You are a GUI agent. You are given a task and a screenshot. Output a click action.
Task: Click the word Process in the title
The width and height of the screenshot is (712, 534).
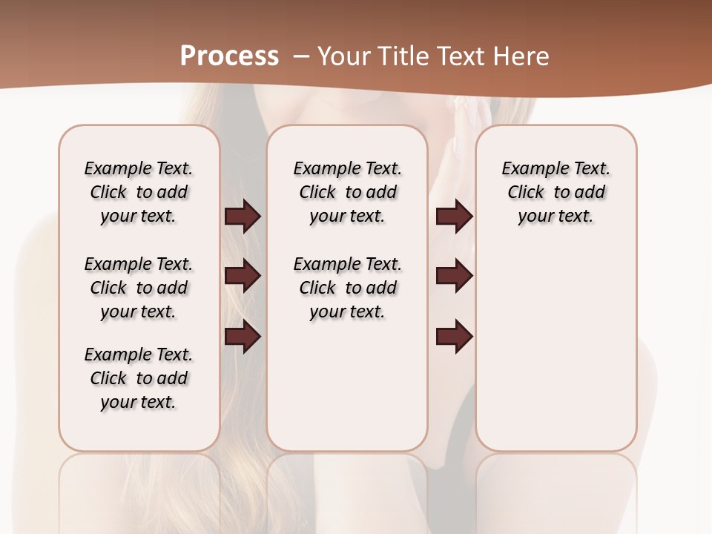pos(229,56)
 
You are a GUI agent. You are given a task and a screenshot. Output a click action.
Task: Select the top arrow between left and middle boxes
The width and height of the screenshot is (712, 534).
pos(243,217)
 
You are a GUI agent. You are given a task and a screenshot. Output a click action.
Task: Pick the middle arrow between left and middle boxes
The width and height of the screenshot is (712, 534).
pos(243,277)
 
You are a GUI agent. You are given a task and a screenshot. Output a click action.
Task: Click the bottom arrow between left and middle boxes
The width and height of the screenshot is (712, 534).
pos(243,337)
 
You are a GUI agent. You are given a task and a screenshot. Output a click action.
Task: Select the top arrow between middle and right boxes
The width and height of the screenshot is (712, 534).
pos(454,217)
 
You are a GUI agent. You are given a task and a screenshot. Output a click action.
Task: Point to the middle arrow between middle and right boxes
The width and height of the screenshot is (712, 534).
pos(454,277)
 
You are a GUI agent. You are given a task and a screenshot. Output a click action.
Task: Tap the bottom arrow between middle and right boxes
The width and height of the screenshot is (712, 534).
pos(454,337)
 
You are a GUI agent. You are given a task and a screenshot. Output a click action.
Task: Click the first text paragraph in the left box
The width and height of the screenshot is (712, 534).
pos(139,192)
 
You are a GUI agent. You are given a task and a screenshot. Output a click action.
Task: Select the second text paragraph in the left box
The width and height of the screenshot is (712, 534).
pos(139,288)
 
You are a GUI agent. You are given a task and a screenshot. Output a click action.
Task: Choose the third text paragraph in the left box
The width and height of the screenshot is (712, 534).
pos(139,378)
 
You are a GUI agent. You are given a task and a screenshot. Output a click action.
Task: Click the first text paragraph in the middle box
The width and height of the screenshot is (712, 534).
pos(348,192)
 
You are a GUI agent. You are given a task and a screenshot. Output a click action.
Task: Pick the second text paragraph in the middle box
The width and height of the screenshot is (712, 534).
pos(348,288)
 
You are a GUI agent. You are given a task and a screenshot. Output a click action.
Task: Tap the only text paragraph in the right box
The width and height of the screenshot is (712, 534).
pos(556,192)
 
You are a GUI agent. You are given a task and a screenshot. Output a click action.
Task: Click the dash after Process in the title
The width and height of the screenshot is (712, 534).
pos(302,56)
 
